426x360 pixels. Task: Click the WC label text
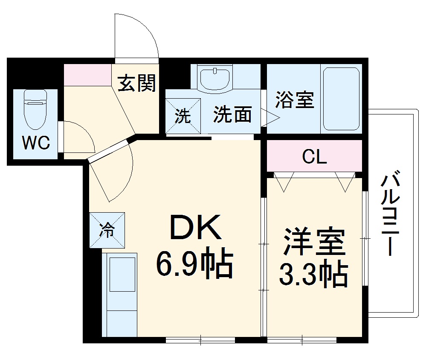[x=36, y=143]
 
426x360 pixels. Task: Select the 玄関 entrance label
[x=136, y=83]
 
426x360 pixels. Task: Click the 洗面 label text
[x=232, y=114]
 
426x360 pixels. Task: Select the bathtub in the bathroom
[x=341, y=99]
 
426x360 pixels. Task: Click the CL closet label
[x=314, y=157]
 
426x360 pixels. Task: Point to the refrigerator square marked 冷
[x=107, y=230]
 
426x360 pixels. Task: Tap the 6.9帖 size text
[x=194, y=264]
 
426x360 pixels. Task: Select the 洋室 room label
[x=313, y=243]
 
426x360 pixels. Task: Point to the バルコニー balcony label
[x=391, y=214]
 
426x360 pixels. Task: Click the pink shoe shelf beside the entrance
[x=87, y=74]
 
